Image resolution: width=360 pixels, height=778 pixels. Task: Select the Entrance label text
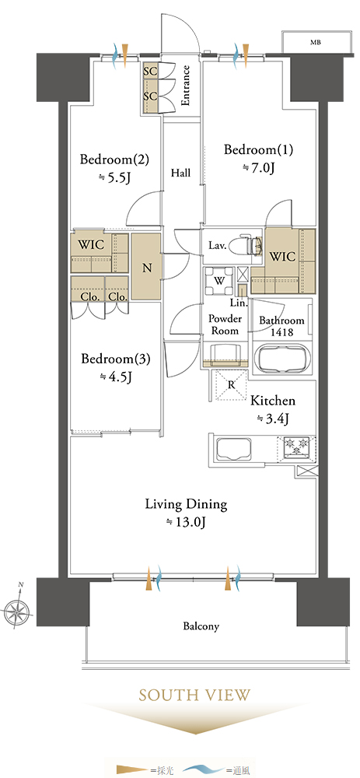point(186,86)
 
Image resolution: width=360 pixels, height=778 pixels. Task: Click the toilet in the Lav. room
point(250,244)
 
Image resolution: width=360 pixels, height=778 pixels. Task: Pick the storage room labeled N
point(146,268)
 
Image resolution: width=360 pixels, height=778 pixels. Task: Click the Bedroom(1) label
point(252,149)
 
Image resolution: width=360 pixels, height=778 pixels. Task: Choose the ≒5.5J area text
point(114,177)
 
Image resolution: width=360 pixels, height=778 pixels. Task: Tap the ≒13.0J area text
point(185,521)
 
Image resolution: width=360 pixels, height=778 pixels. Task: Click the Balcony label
point(201,626)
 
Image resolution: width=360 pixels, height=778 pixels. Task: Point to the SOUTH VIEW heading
point(195,695)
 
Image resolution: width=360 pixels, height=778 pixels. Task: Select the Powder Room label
point(225,324)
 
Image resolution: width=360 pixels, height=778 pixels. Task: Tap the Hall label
point(181,173)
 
